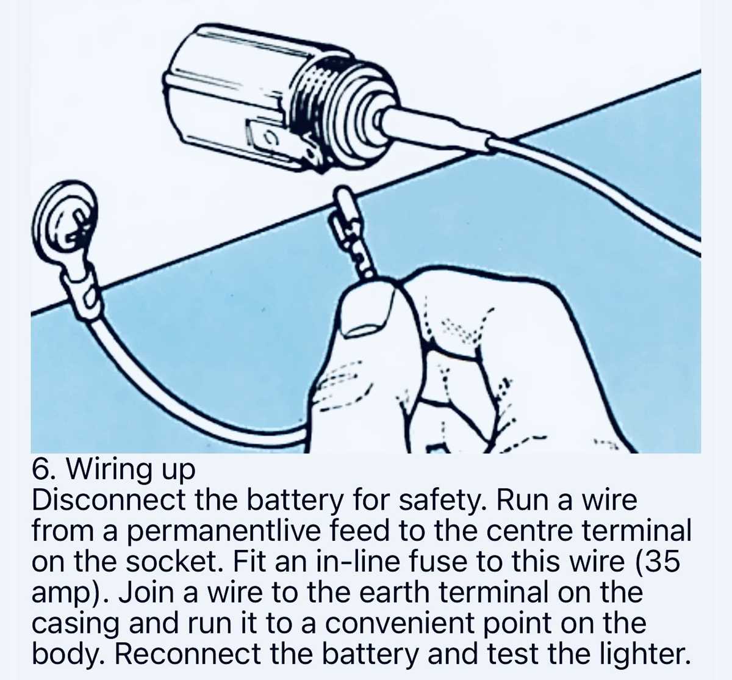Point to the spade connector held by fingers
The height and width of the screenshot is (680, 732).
pos(354,233)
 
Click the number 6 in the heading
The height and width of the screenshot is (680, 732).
pos(40,469)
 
